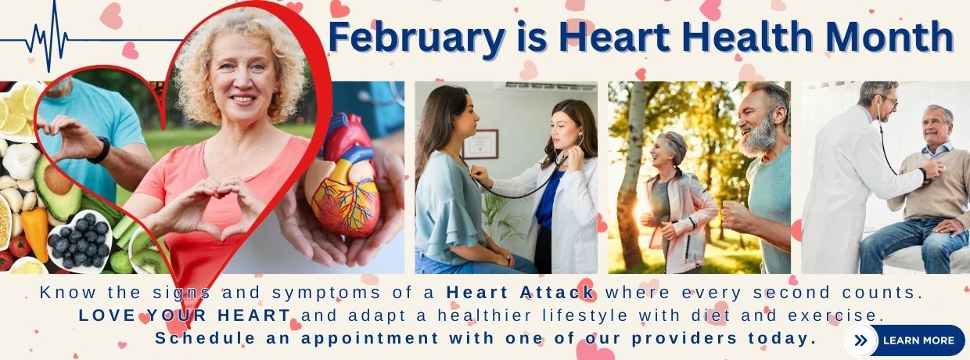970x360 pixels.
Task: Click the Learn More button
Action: click(918, 340)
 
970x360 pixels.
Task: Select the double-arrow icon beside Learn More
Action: click(860, 340)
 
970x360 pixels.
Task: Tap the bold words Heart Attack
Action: click(520, 294)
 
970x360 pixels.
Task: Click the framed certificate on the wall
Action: click(480, 143)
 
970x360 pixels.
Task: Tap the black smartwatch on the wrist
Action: click(99, 149)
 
